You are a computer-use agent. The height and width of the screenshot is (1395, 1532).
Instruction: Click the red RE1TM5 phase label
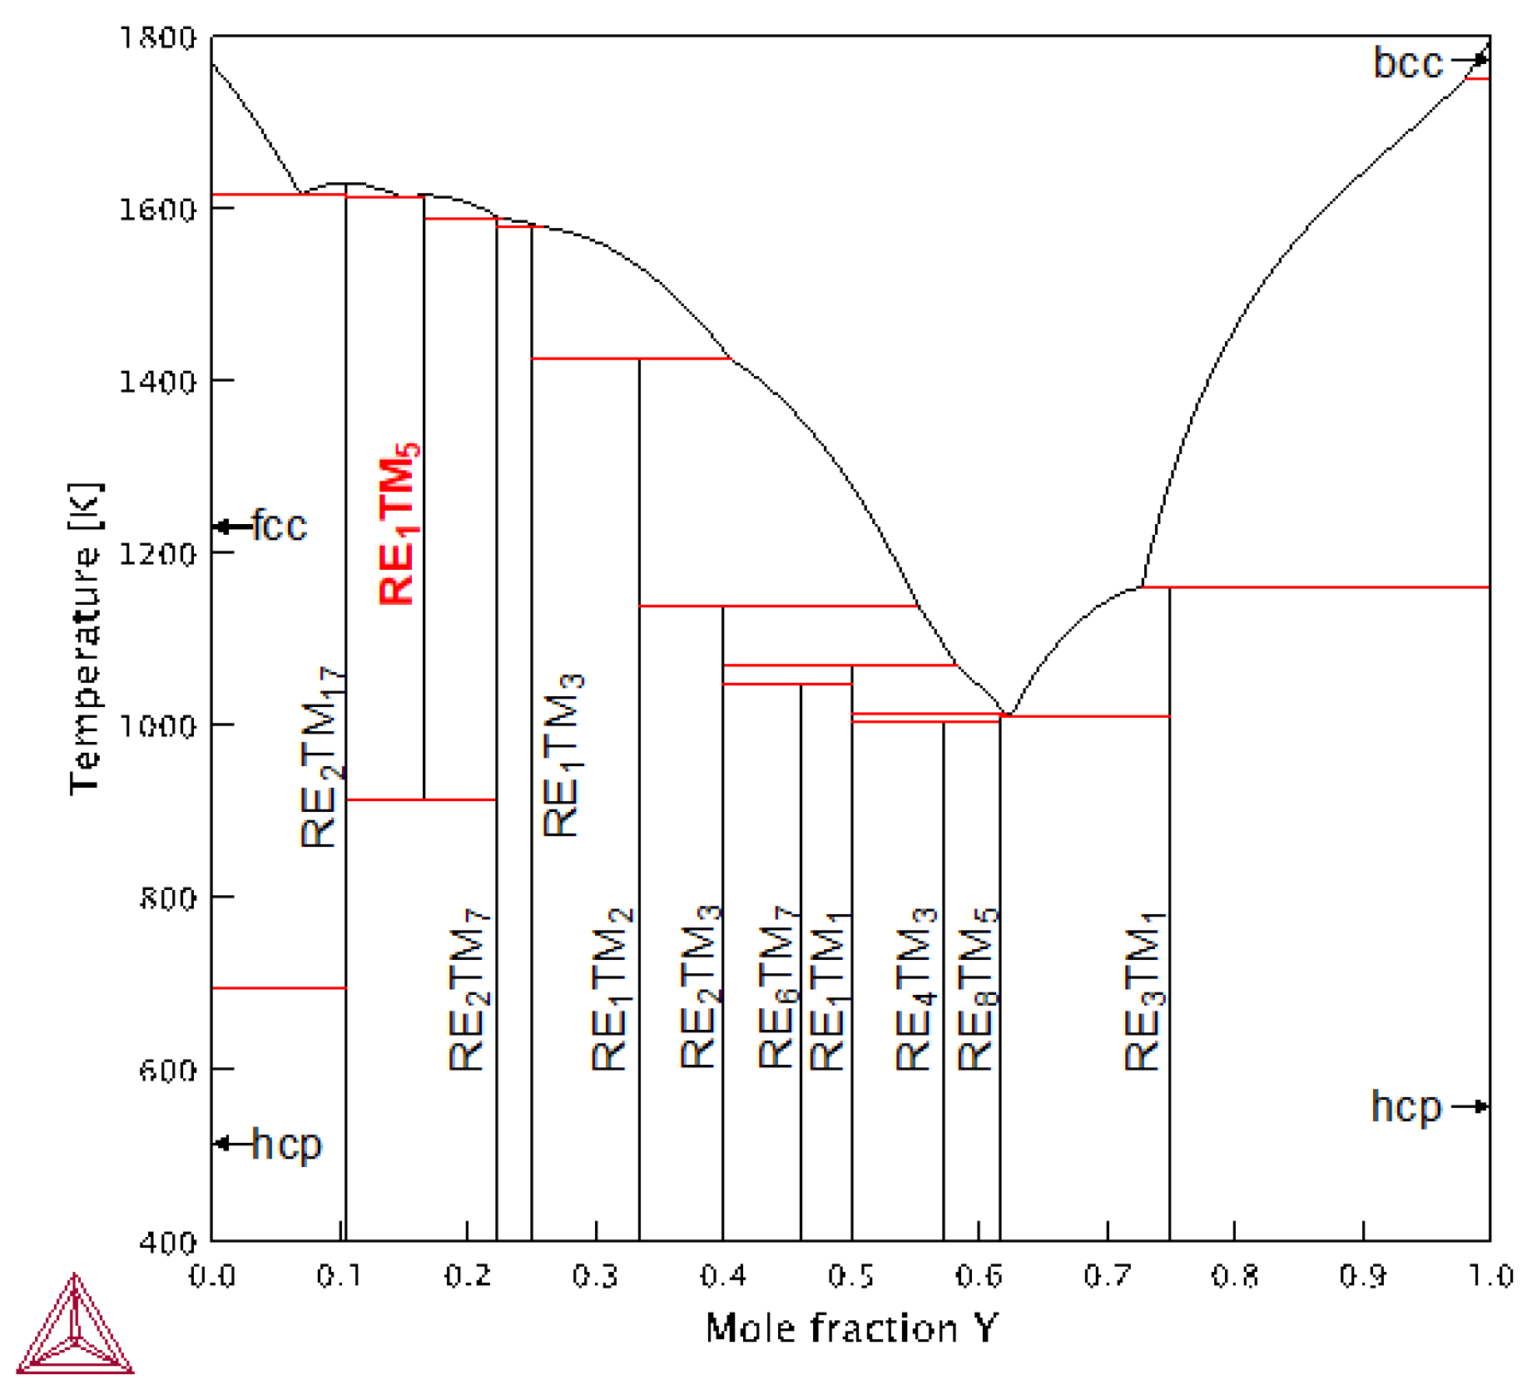399,525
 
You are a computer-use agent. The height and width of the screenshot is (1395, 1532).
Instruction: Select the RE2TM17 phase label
321,757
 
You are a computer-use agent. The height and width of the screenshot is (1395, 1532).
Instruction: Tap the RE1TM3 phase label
563,755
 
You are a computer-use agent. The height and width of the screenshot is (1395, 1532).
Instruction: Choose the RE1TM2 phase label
612,990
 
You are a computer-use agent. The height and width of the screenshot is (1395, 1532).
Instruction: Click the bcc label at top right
1407,63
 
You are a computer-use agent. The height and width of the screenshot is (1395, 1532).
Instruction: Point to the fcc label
280,527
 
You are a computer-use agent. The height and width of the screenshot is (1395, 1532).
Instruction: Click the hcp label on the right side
1406,1106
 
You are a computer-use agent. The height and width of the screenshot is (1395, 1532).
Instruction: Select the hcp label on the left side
286,1145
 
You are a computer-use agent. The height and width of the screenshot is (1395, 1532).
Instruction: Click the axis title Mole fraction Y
850,1328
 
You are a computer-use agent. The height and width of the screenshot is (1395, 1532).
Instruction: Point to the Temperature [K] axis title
86,638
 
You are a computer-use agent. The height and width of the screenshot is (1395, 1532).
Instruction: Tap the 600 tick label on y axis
167,1070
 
